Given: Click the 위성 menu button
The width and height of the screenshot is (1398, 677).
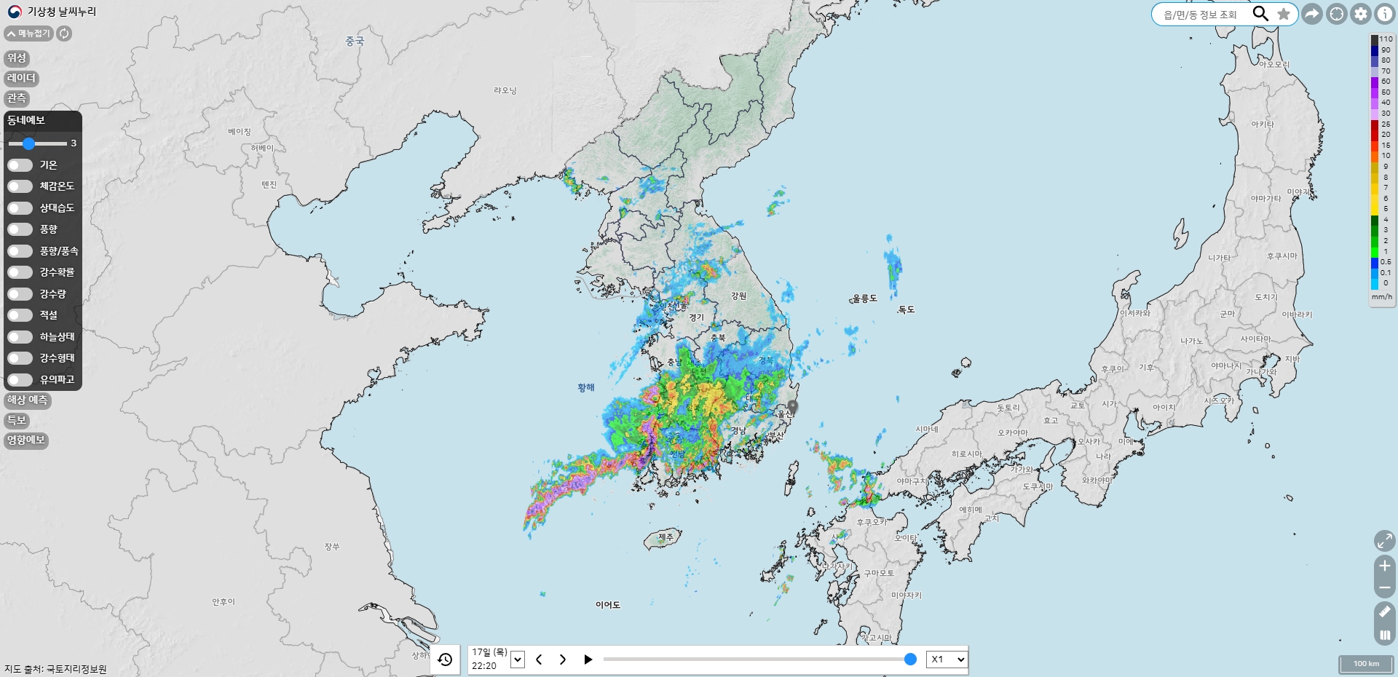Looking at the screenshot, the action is [17, 58].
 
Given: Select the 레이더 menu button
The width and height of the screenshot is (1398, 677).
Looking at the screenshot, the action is [21, 78].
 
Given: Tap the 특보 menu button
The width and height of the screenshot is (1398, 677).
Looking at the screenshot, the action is [16, 420].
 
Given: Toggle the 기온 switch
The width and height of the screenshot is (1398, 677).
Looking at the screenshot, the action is [20, 165].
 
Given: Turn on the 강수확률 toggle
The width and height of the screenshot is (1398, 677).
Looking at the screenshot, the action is [20, 272].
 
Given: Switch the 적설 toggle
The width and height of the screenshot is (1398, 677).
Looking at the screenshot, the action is [20, 315].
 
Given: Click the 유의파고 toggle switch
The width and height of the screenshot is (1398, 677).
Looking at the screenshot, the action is [20, 379].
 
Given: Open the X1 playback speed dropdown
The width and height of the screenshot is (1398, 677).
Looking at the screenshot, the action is [947, 660].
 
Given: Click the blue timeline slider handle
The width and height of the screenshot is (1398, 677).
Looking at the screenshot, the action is [910, 660].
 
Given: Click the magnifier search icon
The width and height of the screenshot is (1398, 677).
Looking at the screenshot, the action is [1260, 14].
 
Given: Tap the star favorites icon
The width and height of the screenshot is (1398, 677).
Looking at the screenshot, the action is [1284, 14].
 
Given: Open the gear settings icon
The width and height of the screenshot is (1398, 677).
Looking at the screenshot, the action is [1361, 14].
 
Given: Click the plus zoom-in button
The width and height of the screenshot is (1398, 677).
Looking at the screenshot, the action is [1385, 566].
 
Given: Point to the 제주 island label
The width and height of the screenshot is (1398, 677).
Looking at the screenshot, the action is [666, 537].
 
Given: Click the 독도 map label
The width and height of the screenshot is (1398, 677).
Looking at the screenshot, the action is [906, 309].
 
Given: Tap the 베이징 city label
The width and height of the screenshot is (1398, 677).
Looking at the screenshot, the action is [239, 132].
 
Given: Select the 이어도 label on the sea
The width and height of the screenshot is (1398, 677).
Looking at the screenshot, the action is [608, 605].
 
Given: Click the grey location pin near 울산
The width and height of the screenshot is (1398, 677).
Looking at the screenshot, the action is [793, 406].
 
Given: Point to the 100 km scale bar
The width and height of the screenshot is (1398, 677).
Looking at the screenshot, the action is [1366, 664].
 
